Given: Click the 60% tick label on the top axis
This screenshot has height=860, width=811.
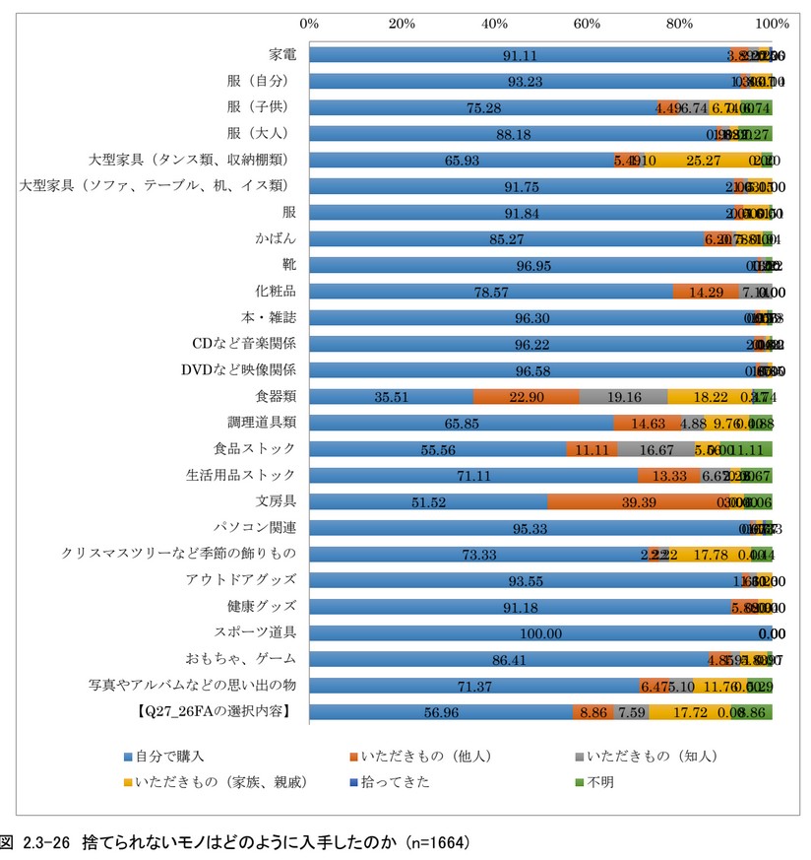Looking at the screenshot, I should point(588,23).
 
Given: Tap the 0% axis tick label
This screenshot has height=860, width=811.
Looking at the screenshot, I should point(309,23).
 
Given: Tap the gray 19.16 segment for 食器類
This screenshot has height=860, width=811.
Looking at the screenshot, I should point(623,397).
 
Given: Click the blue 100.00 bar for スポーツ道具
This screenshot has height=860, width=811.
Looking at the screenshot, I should point(539,634).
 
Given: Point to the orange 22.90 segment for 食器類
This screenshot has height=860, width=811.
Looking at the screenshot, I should point(526,397).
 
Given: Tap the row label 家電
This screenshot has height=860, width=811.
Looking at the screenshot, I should point(282,54).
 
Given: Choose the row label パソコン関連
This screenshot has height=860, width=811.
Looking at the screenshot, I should point(255,529).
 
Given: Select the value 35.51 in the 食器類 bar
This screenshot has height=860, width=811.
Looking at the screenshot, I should point(391,397).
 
